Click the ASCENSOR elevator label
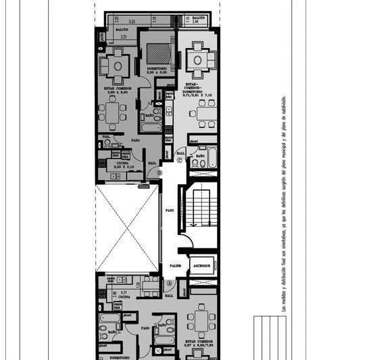coord(202,266)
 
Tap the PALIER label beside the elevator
coord(175,266)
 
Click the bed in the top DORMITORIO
coord(159,53)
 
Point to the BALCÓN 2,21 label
coord(123,35)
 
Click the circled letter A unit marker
coord(170,285)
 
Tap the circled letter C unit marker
coord(180,160)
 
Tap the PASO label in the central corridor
coord(170,210)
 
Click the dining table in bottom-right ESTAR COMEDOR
coord(200,318)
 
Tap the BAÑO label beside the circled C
coord(200,156)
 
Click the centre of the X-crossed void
coord(127,229)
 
